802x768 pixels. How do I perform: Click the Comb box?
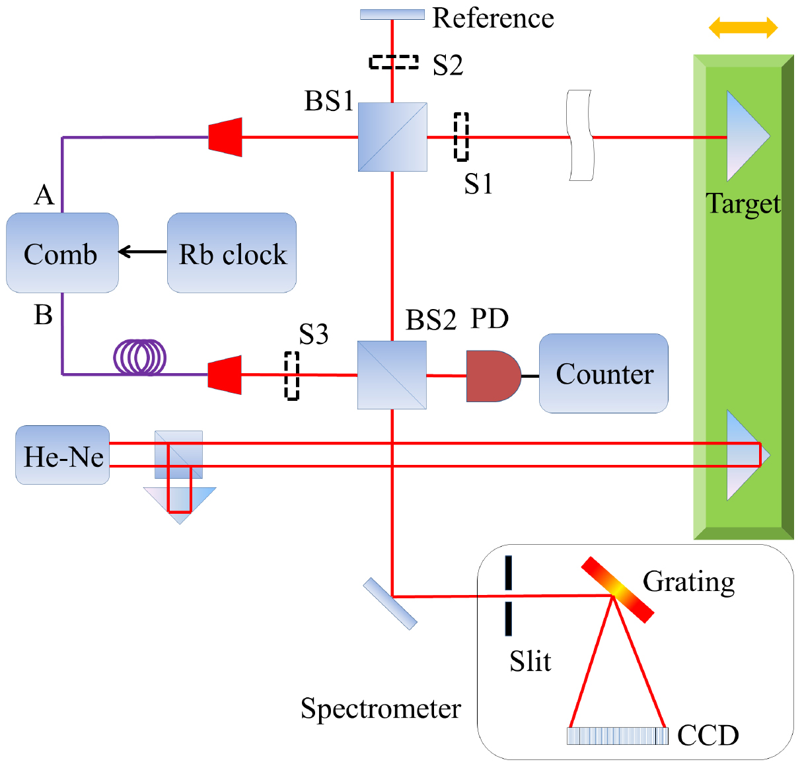coord(62,253)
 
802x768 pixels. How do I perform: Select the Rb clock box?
coord(231,253)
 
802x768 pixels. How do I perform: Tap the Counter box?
coord(603,374)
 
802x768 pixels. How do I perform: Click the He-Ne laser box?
coord(62,455)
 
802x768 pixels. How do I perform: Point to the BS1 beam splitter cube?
coord(392,137)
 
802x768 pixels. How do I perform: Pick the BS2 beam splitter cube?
coord(392,375)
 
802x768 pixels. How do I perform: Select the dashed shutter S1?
coord(461,137)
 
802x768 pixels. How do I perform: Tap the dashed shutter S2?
coord(393,62)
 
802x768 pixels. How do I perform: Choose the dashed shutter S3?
coord(291,375)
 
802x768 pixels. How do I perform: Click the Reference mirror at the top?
coord(392,15)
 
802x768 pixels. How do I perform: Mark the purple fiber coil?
coord(140,357)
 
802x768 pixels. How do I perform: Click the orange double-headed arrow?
coord(743,28)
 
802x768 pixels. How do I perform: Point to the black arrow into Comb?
coord(143,252)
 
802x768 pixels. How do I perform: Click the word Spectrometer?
coord(381,709)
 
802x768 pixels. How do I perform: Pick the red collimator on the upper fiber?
coord(225,137)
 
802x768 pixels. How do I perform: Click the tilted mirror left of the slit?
coord(390,604)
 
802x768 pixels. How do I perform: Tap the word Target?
coord(743,203)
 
